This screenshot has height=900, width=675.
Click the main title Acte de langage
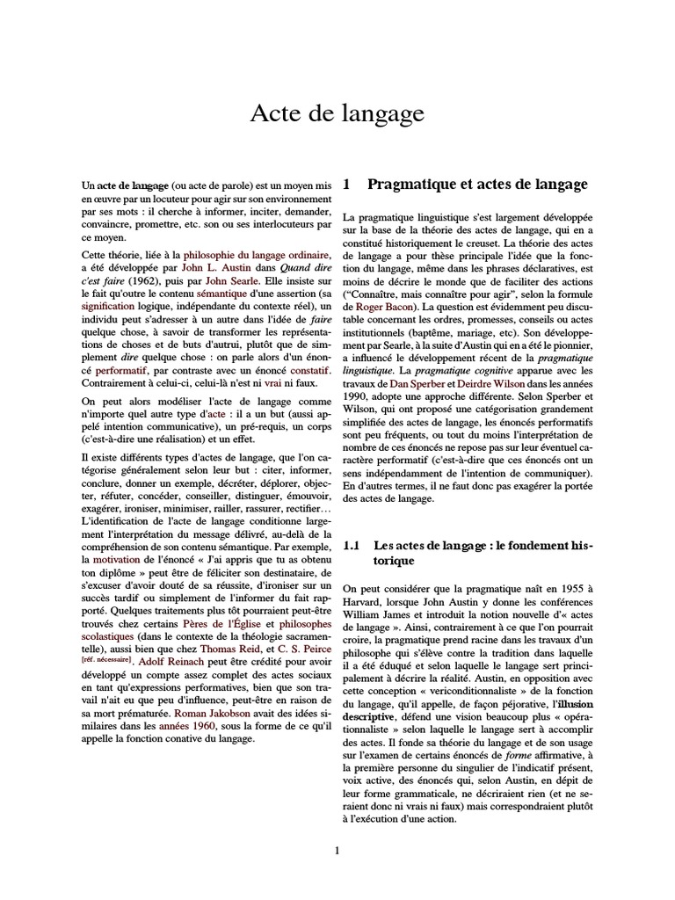(337, 113)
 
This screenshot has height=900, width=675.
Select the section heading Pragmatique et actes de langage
(476, 185)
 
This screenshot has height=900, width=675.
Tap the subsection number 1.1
(352, 545)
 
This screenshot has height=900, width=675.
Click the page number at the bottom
(337, 850)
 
